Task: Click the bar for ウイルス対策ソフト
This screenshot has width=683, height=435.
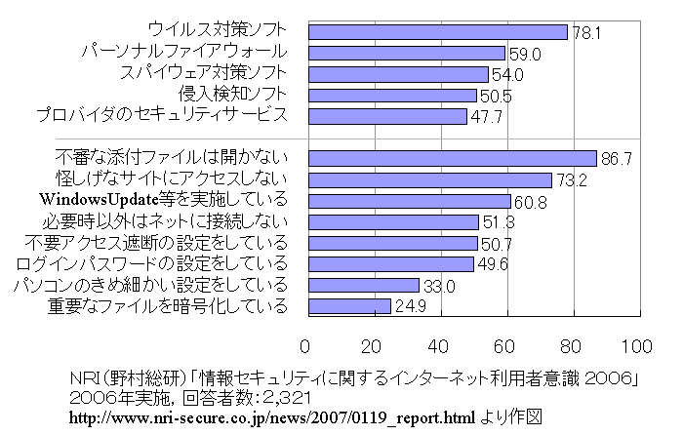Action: [x=436, y=31]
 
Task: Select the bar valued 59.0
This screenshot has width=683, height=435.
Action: [x=405, y=53]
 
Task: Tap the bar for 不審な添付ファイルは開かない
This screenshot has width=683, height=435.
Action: [x=451, y=158]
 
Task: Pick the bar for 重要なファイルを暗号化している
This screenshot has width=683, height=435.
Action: [x=347, y=307]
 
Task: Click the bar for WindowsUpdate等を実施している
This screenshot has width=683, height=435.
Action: [x=408, y=201]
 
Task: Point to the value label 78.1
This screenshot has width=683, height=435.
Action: [x=584, y=32]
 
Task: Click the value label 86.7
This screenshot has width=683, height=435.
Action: [x=613, y=158]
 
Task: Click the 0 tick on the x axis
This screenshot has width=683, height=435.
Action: [x=305, y=346]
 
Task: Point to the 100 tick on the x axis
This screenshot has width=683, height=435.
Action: [x=637, y=346]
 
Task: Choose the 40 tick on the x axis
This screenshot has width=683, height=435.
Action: [x=439, y=346]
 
